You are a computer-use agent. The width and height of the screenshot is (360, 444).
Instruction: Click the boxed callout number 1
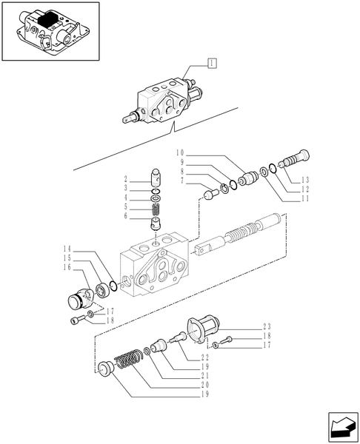click(x=212, y=65)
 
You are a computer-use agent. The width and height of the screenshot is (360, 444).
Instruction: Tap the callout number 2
click(x=127, y=180)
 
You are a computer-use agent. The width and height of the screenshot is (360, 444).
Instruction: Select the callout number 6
click(x=127, y=216)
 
